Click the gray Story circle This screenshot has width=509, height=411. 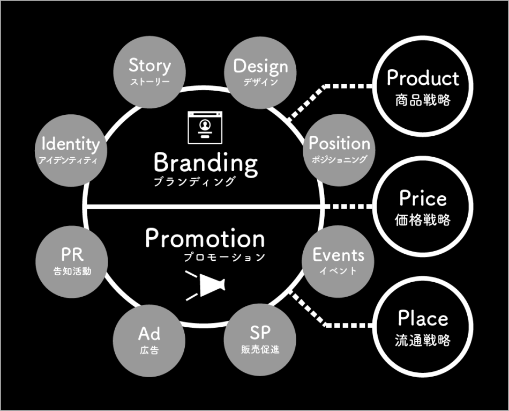click(149, 72)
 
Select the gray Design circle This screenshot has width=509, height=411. click(261, 72)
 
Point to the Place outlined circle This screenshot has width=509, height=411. click(423, 327)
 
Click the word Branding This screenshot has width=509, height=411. click(206, 162)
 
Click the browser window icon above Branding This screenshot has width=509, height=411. click(205, 128)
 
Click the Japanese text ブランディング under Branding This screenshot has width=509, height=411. click(194, 181)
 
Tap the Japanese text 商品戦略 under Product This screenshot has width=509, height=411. click(423, 100)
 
